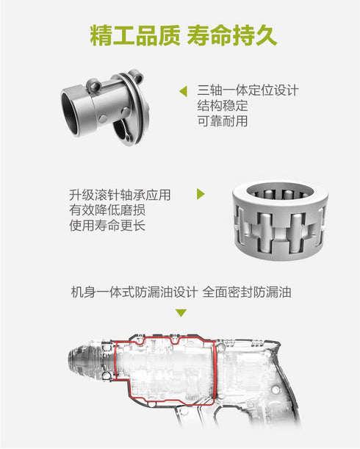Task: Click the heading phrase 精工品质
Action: pyautogui.click(x=132, y=35)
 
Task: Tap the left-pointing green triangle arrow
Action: pyautogui.click(x=183, y=92)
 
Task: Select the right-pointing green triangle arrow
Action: pyautogui.click(x=201, y=195)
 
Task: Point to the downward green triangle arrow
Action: pyautogui.click(x=181, y=312)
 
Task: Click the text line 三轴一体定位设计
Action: pyautogui.click(x=248, y=91)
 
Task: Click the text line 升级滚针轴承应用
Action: pyautogui.click(x=120, y=195)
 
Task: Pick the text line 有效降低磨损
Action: pyautogui.click(x=107, y=210)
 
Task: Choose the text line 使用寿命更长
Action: pyautogui.click(x=107, y=226)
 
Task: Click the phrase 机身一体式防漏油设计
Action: pyautogui.click(x=134, y=292)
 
